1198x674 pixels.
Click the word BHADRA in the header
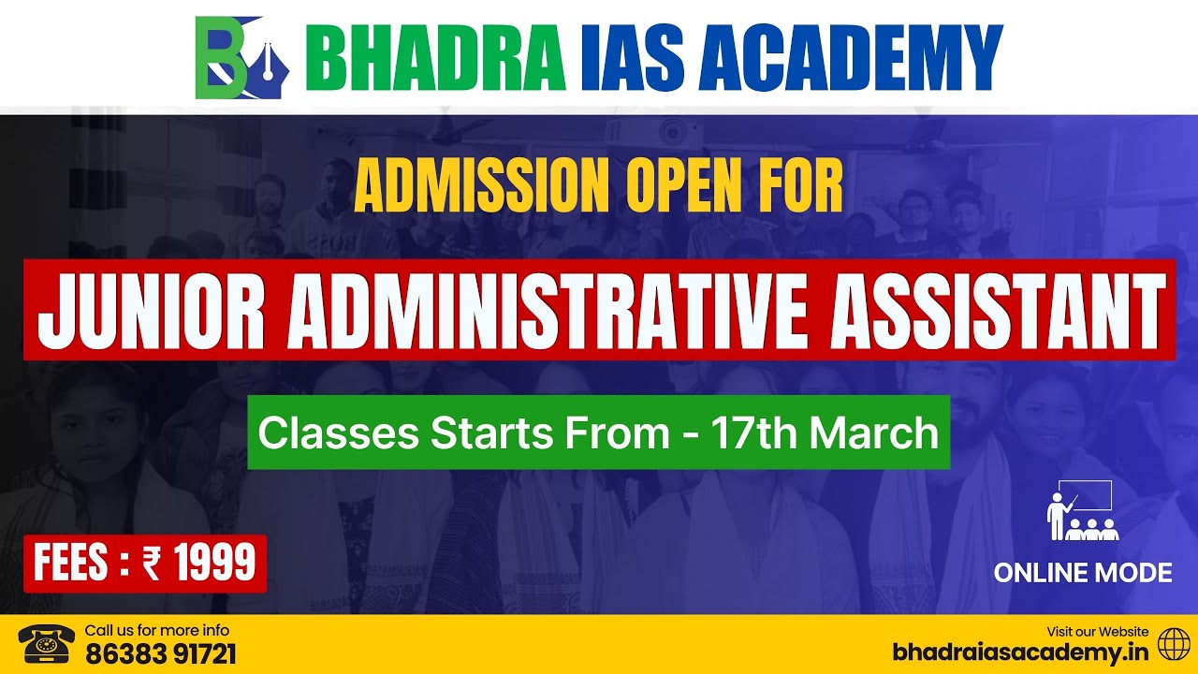pos(435,58)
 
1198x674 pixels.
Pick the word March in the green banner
pos(874,432)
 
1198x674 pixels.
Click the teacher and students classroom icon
pos(1081,511)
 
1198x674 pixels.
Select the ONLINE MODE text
pos(1082,573)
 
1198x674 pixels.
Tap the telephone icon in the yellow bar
pos(46,645)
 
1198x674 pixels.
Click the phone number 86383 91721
pos(160,653)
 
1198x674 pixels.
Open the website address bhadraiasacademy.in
pos(1020,652)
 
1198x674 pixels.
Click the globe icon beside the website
pos(1174,644)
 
